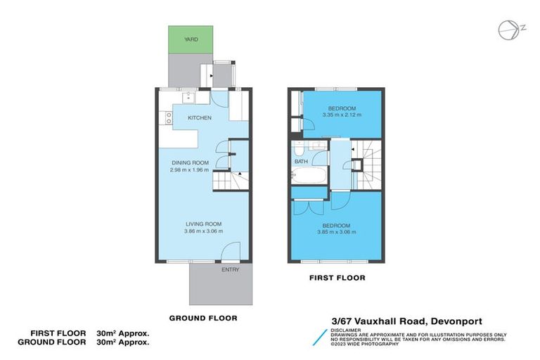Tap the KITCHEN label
200,118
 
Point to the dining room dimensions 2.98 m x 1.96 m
189,169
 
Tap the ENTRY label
230,269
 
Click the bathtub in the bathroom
309,176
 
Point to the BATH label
301,162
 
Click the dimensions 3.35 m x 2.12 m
342,115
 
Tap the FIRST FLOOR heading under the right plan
337,278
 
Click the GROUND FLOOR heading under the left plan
202,318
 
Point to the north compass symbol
507,28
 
